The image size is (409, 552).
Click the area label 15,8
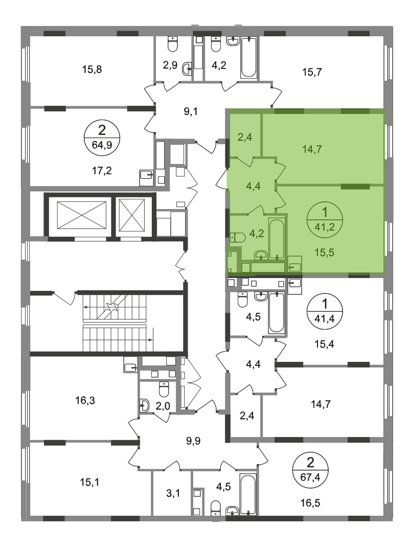click(x=92, y=70)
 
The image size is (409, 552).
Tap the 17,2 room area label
click(x=102, y=171)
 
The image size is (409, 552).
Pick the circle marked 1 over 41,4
click(x=325, y=311)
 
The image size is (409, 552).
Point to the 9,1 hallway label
click(x=191, y=111)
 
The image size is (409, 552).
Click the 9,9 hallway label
click(x=193, y=441)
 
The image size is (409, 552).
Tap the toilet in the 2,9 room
click(x=173, y=44)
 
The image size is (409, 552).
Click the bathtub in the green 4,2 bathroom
click(x=276, y=239)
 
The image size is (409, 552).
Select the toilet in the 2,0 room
click(x=164, y=389)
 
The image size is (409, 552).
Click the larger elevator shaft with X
click(x=81, y=214)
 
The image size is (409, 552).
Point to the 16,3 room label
click(x=85, y=401)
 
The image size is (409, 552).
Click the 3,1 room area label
click(x=173, y=494)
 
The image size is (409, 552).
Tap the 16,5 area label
click(x=310, y=503)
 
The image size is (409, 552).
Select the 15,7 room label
click(x=312, y=72)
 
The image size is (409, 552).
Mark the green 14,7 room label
click(x=312, y=149)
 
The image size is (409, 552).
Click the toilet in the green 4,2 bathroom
click(x=238, y=238)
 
